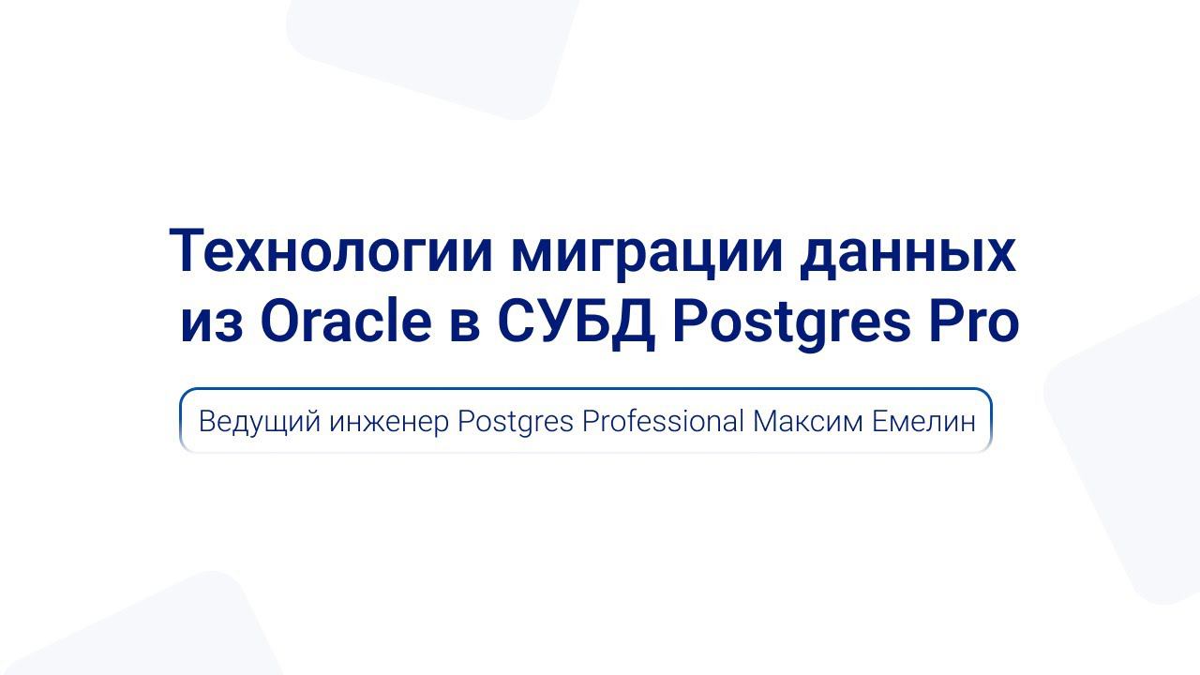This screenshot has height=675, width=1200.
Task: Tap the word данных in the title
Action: [907, 251]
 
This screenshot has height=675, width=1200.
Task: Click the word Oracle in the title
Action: [346, 322]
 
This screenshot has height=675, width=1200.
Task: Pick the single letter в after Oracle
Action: [464, 322]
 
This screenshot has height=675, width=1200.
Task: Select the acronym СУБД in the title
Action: [577, 322]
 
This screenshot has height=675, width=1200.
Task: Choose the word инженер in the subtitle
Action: [389, 422]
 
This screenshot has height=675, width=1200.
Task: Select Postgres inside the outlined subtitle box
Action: [515, 422]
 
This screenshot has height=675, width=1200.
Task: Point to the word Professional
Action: [663, 421]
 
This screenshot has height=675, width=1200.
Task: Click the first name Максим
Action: [807, 421]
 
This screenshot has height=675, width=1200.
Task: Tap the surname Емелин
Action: [923, 421]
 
